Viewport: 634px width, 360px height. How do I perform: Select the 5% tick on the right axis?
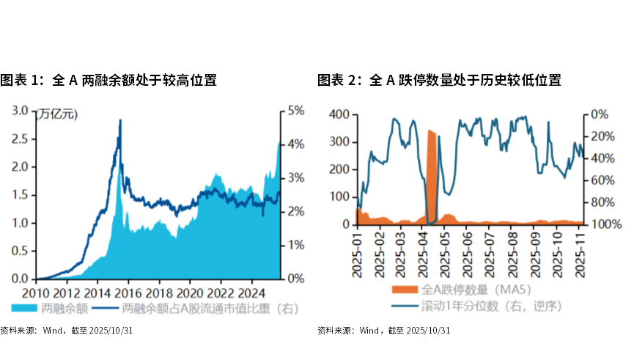point(295,111)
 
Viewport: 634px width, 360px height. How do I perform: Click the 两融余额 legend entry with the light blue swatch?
point(51,309)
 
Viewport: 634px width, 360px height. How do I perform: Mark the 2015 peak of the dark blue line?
point(119,120)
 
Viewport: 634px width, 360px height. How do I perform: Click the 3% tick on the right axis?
point(295,178)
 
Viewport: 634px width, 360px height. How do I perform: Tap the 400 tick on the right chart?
point(339,115)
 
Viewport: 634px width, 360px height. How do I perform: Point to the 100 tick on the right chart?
point(339,197)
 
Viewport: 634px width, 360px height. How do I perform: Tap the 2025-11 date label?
point(580,254)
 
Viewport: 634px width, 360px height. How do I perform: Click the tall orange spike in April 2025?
point(432,176)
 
